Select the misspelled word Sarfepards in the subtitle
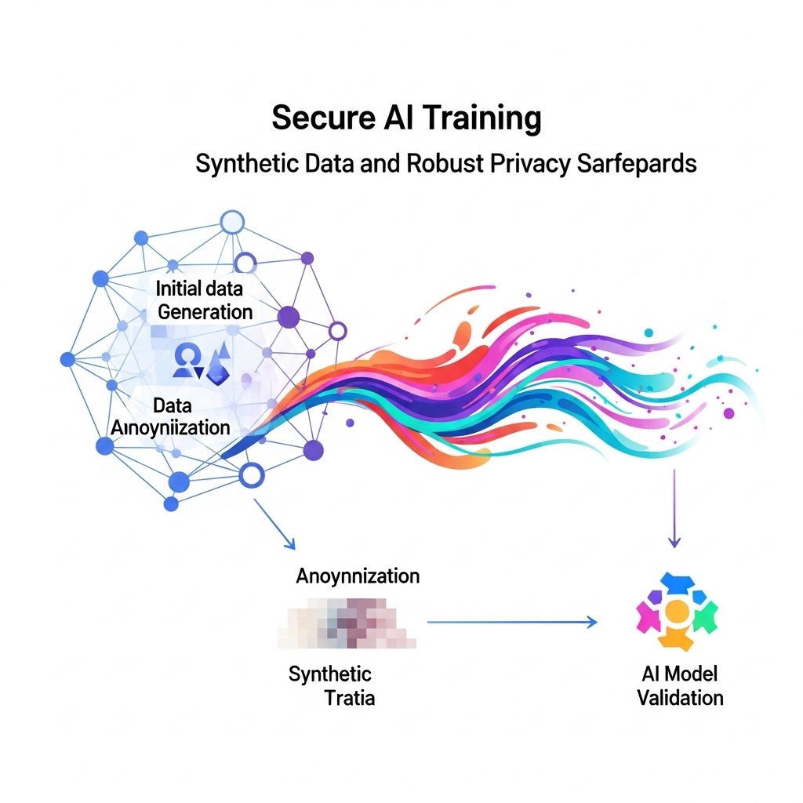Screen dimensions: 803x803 pos(636,165)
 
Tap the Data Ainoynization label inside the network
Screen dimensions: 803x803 pos(172,416)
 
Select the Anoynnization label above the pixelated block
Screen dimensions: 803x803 pos(358,576)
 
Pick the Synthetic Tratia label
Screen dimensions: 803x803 pos(331,685)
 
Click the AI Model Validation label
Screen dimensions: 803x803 pos(679,685)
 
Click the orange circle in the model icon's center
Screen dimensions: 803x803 pos(678,611)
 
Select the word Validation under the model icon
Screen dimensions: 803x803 pos(680,697)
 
